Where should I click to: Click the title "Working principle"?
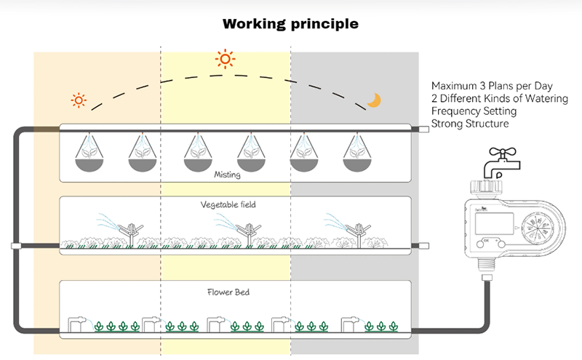290,23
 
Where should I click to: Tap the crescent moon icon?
374,100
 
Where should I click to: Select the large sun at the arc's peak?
226,59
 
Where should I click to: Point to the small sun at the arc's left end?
78,100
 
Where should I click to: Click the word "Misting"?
228,175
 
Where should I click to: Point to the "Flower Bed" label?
228,294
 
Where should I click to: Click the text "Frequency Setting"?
474,111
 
